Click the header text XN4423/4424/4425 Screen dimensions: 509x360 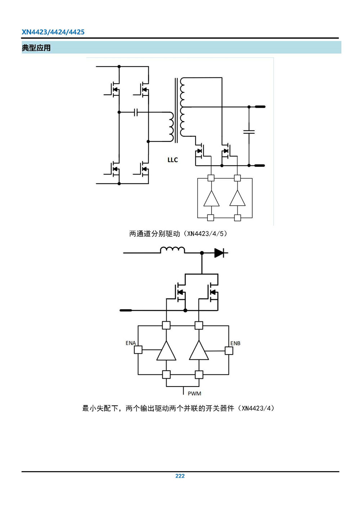click(x=53, y=32)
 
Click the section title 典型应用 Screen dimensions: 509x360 click(x=36, y=48)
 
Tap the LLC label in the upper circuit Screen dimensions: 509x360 click(x=172, y=160)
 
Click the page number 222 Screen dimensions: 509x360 click(x=180, y=476)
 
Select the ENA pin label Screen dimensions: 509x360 click(x=130, y=343)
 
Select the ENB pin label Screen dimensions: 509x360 click(x=235, y=343)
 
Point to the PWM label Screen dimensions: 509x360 click(x=194, y=393)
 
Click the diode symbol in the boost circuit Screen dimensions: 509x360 click(x=219, y=253)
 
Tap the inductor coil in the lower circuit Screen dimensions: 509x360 click(x=172, y=250)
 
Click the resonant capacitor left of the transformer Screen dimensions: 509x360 click(x=136, y=112)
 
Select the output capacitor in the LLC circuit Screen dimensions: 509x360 click(x=249, y=132)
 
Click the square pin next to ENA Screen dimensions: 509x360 click(x=138, y=350)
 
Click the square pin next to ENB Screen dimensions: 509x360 click(x=229, y=351)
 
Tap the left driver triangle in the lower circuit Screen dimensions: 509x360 click(x=166, y=351)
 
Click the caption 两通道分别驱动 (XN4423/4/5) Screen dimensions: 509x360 click(x=178, y=234)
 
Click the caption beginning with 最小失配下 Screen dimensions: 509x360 click(x=178, y=408)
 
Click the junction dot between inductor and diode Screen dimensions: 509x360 click(x=202, y=253)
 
